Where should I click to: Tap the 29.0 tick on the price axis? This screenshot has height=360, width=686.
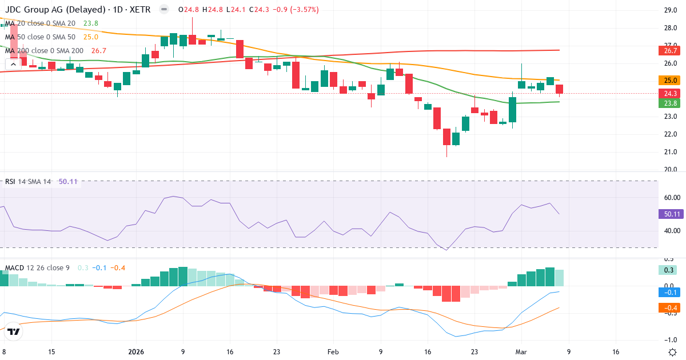pos(671,10)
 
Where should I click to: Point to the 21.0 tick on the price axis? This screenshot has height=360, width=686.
pos(671,152)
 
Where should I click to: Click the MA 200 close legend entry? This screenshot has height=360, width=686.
pos(44,51)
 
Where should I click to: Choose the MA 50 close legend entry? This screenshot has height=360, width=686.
pos(40,37)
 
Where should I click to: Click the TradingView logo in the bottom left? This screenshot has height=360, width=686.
pos(14,331)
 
